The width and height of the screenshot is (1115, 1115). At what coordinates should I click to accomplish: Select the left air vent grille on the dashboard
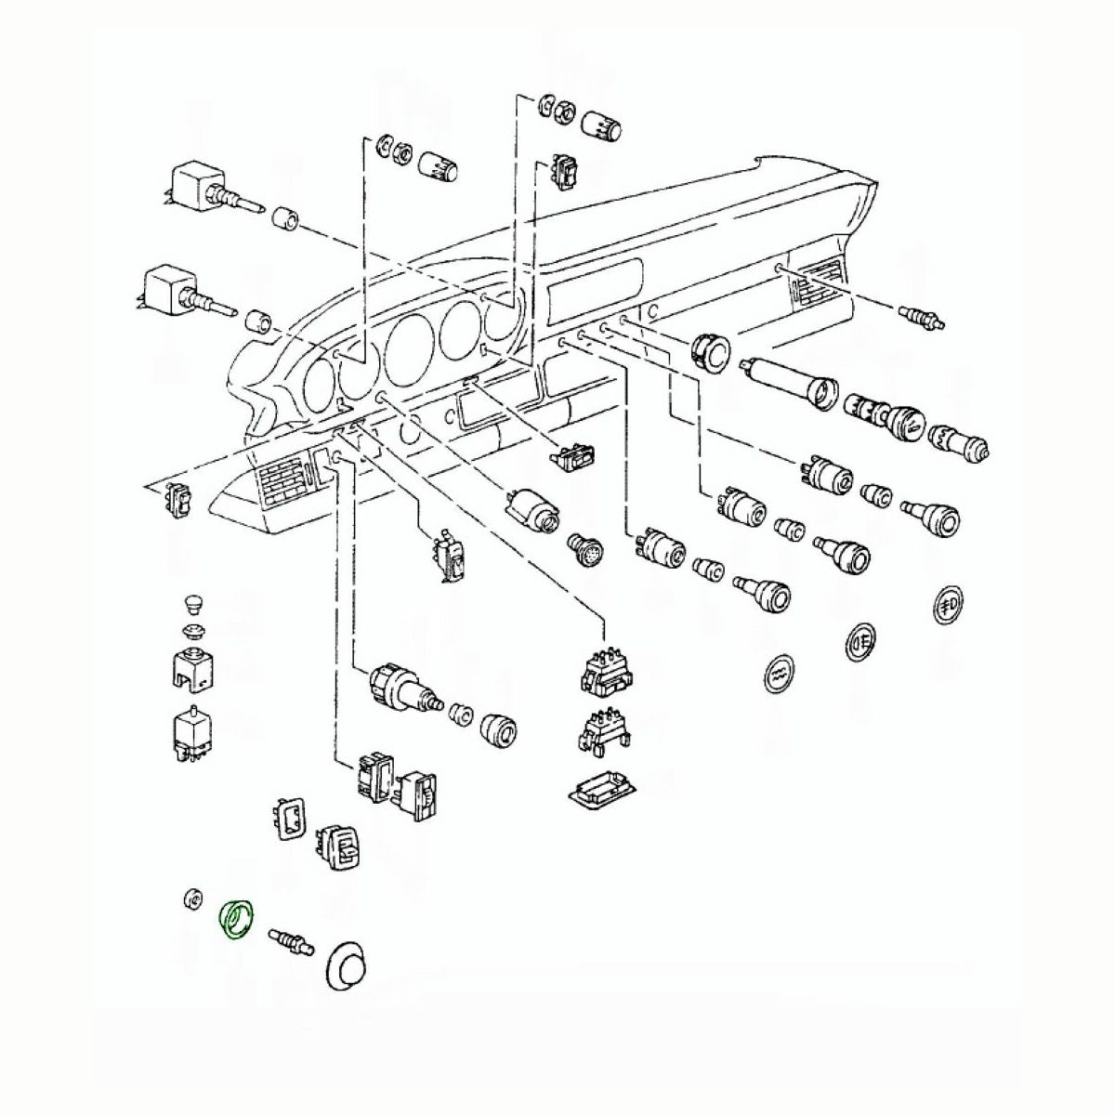point(282,477)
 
